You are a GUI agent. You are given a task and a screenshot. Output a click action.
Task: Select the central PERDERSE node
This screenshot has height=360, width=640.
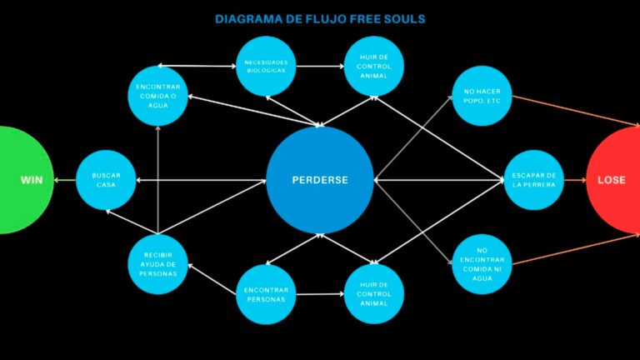click(x=320, y=180)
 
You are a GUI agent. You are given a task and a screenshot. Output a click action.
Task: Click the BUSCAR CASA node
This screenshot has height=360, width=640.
click(x=106, y=180)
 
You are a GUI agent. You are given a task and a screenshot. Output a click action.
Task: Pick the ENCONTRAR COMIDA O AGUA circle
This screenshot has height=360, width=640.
click(x=158, y=96)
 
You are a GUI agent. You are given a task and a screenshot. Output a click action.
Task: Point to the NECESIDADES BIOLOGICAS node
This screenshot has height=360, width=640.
click(x=266, y=66)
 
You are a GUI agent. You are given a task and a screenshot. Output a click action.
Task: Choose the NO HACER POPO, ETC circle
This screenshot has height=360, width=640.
click(x=482, y=96)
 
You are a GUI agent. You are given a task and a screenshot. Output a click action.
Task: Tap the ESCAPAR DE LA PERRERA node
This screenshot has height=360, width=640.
click(x=534, y=180)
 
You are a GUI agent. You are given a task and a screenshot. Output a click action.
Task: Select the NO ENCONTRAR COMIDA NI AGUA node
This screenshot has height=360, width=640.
click(x=482, y=264)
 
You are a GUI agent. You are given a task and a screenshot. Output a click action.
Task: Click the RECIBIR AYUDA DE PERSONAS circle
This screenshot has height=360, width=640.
click(x=158, y=264)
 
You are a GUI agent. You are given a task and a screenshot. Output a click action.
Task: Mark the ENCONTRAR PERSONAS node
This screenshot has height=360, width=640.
click(x=266, y=294)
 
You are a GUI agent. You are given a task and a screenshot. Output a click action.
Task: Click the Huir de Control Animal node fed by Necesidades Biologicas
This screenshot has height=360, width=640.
click(x=374, y=66)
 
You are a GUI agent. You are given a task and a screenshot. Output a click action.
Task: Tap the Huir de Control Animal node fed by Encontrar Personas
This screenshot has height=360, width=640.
click(x=374, y=294)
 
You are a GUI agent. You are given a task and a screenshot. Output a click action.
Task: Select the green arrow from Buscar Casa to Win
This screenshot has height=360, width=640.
click(x=65, y=180)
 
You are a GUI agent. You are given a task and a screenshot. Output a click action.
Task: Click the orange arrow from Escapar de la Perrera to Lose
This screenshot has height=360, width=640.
click(x=575, y=180)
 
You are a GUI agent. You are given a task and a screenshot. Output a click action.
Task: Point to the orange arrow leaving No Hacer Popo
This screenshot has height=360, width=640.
click(x=576, y=111)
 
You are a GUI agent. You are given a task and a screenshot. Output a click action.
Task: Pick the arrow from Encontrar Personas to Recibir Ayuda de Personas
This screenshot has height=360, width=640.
click(x=212, y=279)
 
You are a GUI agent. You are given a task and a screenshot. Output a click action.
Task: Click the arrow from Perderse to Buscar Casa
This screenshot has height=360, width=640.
click(x=201, y=180)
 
